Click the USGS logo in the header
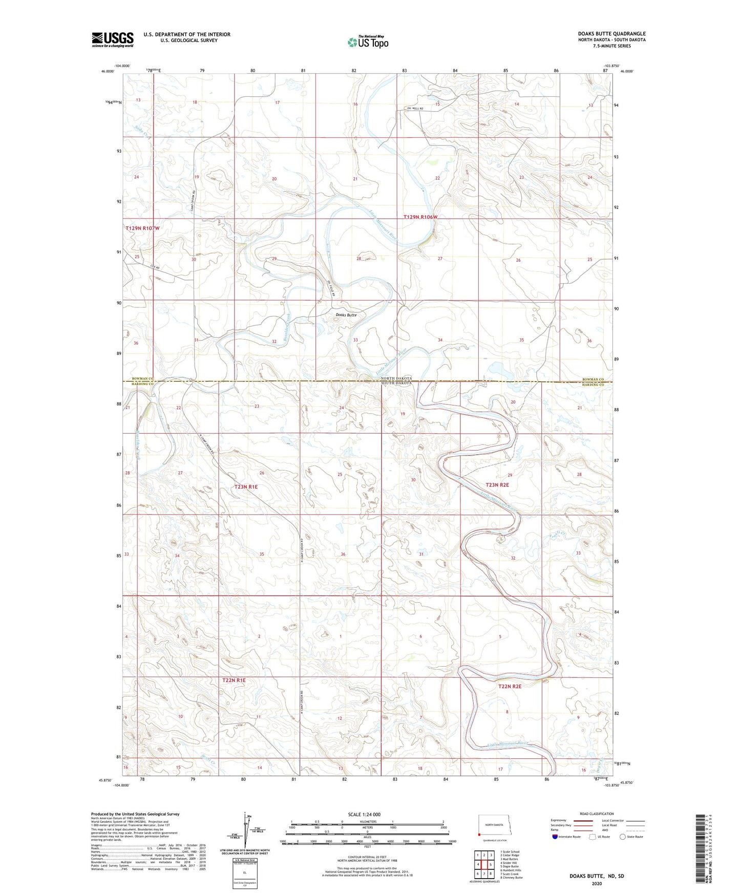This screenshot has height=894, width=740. pyautogui.click(x=112, y=39)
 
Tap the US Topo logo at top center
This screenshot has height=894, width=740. pyautogui.click(x=367, y=42)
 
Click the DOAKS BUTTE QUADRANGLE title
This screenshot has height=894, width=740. pyautogui.click(x=604, y=34)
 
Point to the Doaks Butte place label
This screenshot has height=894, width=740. pyautogui.click(x=346, y=315)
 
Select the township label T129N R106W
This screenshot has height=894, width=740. pyautogui.click(x=420, y=217)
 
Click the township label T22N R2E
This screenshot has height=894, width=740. pyautogui.click(x=510, y=686)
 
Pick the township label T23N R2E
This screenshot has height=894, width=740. pyautogui.click(x=497, y=484)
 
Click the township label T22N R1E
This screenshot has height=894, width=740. pyautogui.click(x=234, y=680)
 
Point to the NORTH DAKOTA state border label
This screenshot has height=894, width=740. pyautogui.click(x=396, y=378)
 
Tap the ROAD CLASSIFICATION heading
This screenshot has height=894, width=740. pyautogui.click(x=597, y=814)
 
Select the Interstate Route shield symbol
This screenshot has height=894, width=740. pyautogui.click(x=555, y=837)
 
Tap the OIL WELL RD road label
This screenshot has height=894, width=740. pyautogui.click(x=416, y=109)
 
